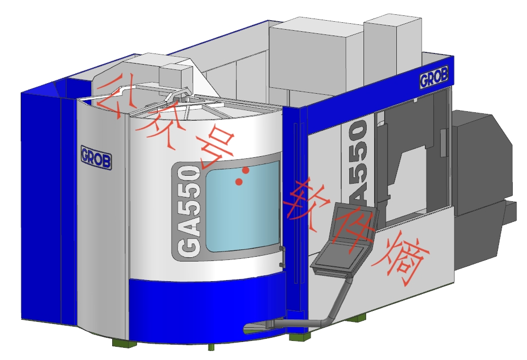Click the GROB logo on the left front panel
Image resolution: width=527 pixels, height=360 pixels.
[96, 157]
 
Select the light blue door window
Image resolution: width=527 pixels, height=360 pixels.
[242, 207]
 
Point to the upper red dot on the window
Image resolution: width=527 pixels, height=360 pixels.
[246, 170]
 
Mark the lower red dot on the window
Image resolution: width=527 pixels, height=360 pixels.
[239, 182]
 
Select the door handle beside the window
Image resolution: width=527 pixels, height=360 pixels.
[282, 257]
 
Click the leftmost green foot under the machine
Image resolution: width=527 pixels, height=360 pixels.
[124, 343]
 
